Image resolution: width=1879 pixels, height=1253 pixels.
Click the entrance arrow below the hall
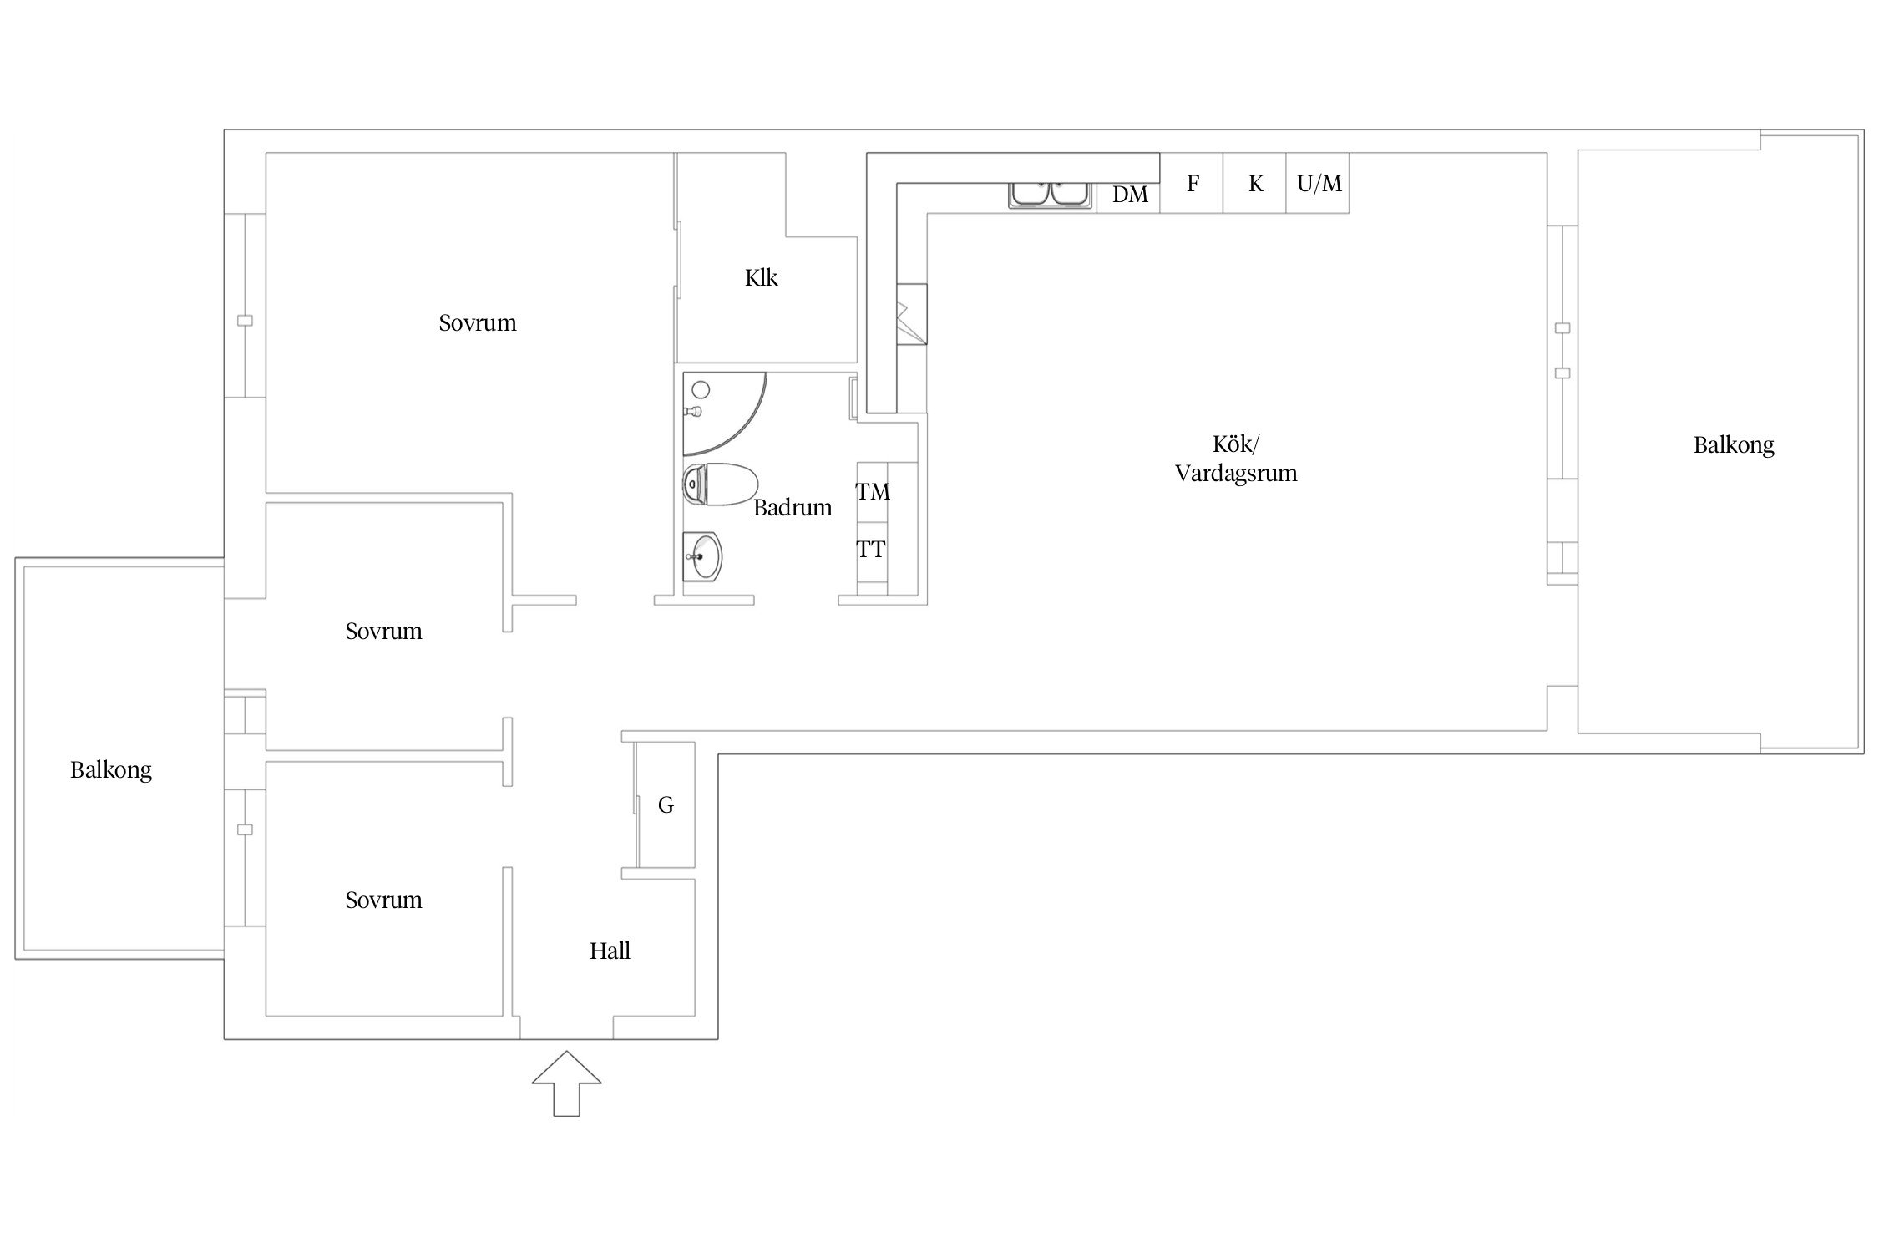tap(566, 1083)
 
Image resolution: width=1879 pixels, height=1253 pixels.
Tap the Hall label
tap(610, 951)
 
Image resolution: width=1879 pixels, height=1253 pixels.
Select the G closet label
tap(666, 805)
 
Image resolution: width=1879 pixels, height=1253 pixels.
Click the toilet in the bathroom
tap(720, 484)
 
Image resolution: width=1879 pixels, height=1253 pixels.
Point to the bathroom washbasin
tap(702, 555)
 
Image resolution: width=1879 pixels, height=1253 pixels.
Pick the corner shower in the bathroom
tap(723, 413)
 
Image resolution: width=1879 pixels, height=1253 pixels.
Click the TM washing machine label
tap(873, 492)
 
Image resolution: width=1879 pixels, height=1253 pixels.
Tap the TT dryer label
tap(871, 550)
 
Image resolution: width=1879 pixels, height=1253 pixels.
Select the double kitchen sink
tap(1050, 194)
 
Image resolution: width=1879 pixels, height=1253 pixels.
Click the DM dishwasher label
tap(1130, 195)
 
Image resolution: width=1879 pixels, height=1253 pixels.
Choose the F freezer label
tap(1193, 183)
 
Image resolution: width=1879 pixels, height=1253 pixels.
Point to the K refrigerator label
tap(1255, 184)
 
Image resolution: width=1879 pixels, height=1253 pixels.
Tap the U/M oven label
tap(1319, 183)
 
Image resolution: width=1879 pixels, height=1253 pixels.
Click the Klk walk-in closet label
tap(761, 277)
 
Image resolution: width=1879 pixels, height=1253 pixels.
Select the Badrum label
tap(793, 507)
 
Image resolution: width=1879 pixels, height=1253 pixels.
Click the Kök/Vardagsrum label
tap(1236, 459)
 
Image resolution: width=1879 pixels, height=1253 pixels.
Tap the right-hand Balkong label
tap(1734, 445)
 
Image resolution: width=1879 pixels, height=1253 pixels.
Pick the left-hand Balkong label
tap(111, 770)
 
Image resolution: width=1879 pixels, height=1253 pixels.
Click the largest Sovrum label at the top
tap(478, 322)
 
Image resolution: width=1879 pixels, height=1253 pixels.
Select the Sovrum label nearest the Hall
tap(383, 900)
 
